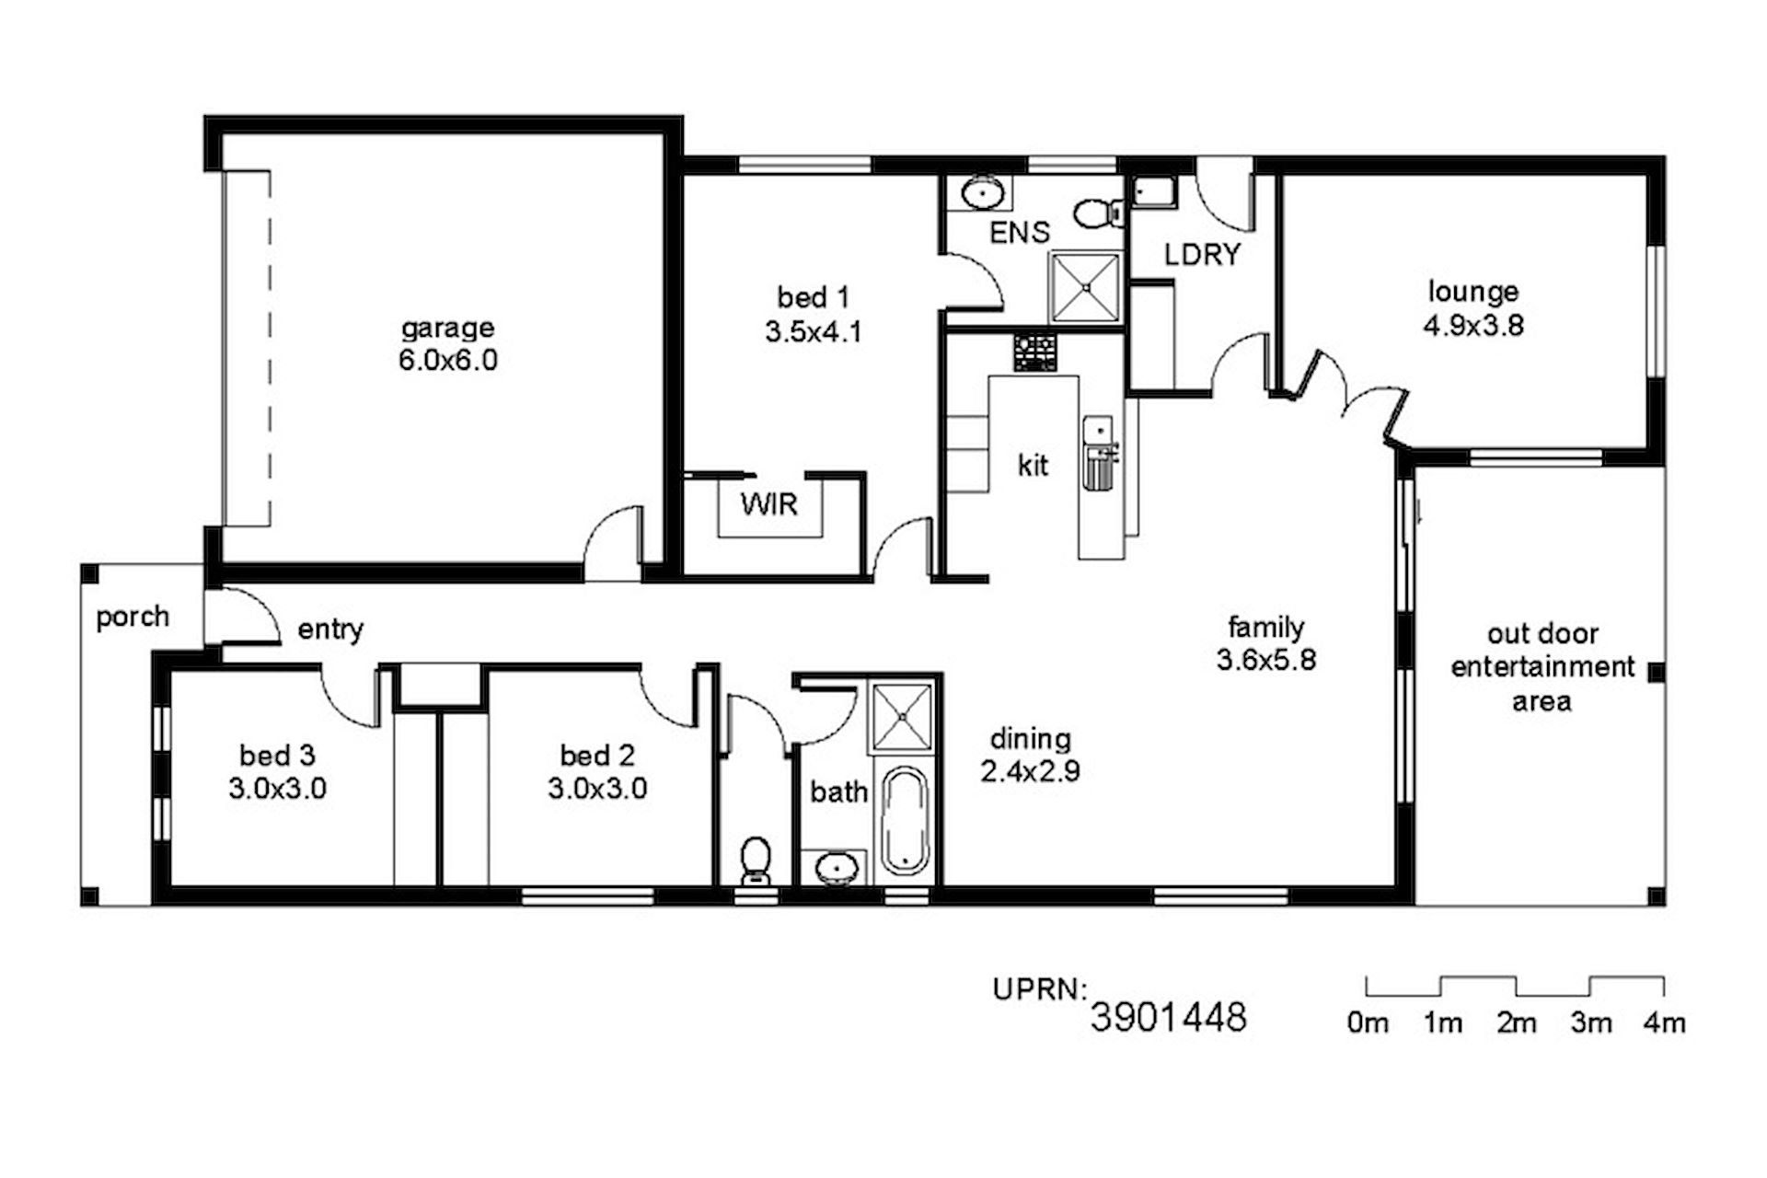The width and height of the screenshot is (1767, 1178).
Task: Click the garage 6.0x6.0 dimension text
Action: pos(448,360)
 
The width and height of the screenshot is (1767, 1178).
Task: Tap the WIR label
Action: pos(769,504)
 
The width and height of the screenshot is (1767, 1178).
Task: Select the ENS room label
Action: pos(1019,233)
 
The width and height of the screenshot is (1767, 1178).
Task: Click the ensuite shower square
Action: pos(1086,286)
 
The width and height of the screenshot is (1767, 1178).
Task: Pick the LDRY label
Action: pos(1202,255)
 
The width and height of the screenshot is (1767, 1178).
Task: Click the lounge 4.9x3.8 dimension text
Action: pos(1473,326)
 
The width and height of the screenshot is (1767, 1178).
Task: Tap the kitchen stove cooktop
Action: pos(1035,352)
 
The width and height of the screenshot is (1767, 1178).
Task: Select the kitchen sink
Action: pos(1098,451)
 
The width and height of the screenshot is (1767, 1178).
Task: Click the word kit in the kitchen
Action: pos(1033,466)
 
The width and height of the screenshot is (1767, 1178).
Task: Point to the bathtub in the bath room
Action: pos(905,821)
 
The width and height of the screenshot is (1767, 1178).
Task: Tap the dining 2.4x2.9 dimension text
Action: pos(1030,771)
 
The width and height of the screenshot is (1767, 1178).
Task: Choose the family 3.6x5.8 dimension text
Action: pos(1266,660)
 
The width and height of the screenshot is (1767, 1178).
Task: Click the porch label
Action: pos(133,618)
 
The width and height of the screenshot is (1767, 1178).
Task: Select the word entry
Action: pos(330,630)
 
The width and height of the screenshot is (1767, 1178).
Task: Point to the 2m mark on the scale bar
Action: pos(1516,1022)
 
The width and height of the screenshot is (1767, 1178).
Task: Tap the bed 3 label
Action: pos(277,756)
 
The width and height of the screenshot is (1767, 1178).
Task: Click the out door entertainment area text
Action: pos(1542,667)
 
